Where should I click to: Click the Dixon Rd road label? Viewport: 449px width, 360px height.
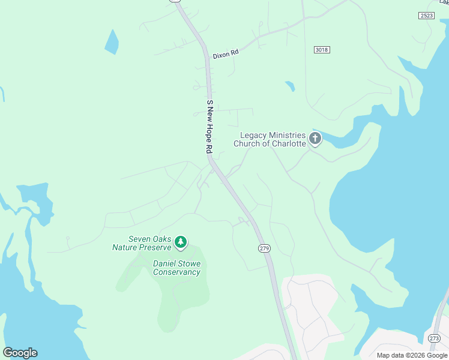click(226, 53)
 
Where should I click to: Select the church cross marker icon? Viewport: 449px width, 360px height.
click(315, 140)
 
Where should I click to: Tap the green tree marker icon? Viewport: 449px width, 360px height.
click(181, 242)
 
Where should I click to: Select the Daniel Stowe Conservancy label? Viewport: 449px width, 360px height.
click(176, 268)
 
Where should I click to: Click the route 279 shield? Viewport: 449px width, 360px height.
click(264, 248)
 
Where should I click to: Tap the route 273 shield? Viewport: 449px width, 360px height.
click(435, 339)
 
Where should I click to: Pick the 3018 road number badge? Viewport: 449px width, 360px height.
click(322, 50)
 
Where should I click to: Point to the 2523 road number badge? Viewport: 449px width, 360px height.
click(427, 16)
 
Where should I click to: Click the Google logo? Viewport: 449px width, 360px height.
click(20, 353)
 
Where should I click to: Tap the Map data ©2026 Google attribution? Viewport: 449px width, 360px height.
click(411, 355)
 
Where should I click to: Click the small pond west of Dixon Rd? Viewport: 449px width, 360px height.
click(112, 41)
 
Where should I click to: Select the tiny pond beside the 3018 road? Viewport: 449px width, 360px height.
click(290, 86)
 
